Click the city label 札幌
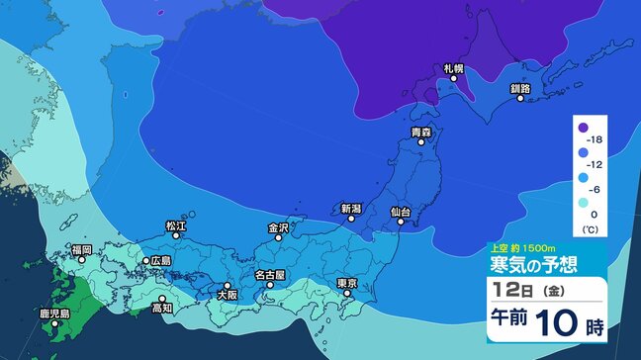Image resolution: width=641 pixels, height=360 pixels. tap(454, 68)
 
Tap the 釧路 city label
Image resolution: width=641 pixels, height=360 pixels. tap(521, 88)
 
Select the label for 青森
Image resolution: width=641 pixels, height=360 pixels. tap(421, 132)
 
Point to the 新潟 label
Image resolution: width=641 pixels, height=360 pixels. tap(351, 209)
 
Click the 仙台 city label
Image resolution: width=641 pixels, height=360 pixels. tap(401, 211)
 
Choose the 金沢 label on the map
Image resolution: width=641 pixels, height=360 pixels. tap(278, 227)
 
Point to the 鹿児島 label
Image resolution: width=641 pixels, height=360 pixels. tap(54, 314)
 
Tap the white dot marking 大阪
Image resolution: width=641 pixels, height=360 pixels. tap(228, 284)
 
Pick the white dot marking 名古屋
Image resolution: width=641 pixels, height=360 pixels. tap(270, 285)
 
